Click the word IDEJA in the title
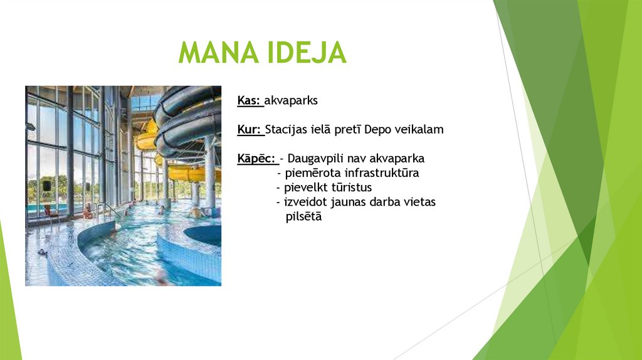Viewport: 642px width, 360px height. click(x=307, y=53)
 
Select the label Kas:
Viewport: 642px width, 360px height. click(x=249, y=101)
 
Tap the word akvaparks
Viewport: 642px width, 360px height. click(x=292, y=101)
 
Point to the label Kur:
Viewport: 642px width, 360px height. click(x=249, y=130)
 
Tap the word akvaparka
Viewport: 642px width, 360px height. click(x=397, y=159)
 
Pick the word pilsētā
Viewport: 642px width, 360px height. click(x=303, y=216)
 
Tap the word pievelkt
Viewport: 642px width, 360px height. click(x=303, y=188)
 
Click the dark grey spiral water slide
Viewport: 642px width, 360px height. click(x=188, y=119)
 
